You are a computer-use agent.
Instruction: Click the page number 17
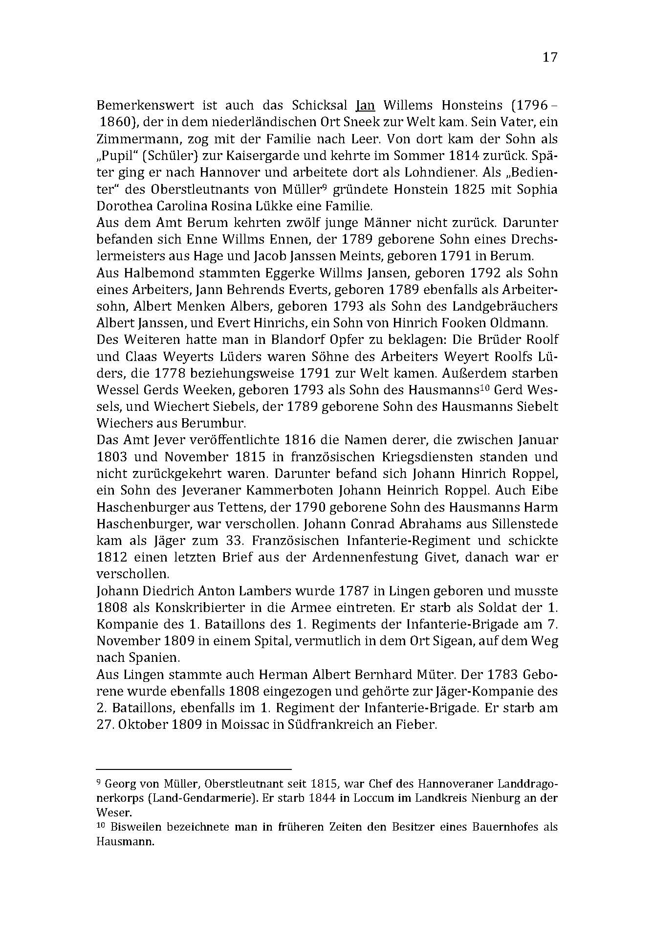click(549, 57)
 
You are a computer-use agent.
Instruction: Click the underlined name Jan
click(365, 105)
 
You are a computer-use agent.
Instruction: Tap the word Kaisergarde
click(308, 156)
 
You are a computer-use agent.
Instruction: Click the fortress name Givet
click(443, 557)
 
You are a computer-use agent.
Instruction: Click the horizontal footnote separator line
click(194, 769)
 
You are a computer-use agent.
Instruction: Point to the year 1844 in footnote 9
click(318, 798)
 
